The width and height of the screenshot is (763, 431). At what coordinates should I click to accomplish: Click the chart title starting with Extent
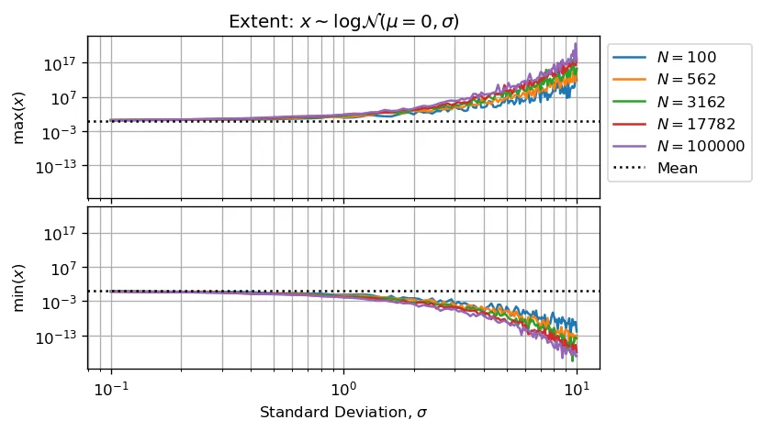[x=342, y=21]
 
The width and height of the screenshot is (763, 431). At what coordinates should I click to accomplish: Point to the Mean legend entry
[x=677, y=168]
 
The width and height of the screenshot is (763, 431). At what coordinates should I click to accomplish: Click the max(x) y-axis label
[x=18, y=117]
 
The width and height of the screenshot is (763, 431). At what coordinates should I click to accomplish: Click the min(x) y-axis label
[x=18, y=287]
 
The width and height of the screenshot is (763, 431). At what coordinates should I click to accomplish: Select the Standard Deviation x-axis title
[x=343, y=413]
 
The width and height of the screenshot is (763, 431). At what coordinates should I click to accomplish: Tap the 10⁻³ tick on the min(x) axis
[x=62, y=302]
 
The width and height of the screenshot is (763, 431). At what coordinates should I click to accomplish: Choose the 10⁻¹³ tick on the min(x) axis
[x=61, y=337]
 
